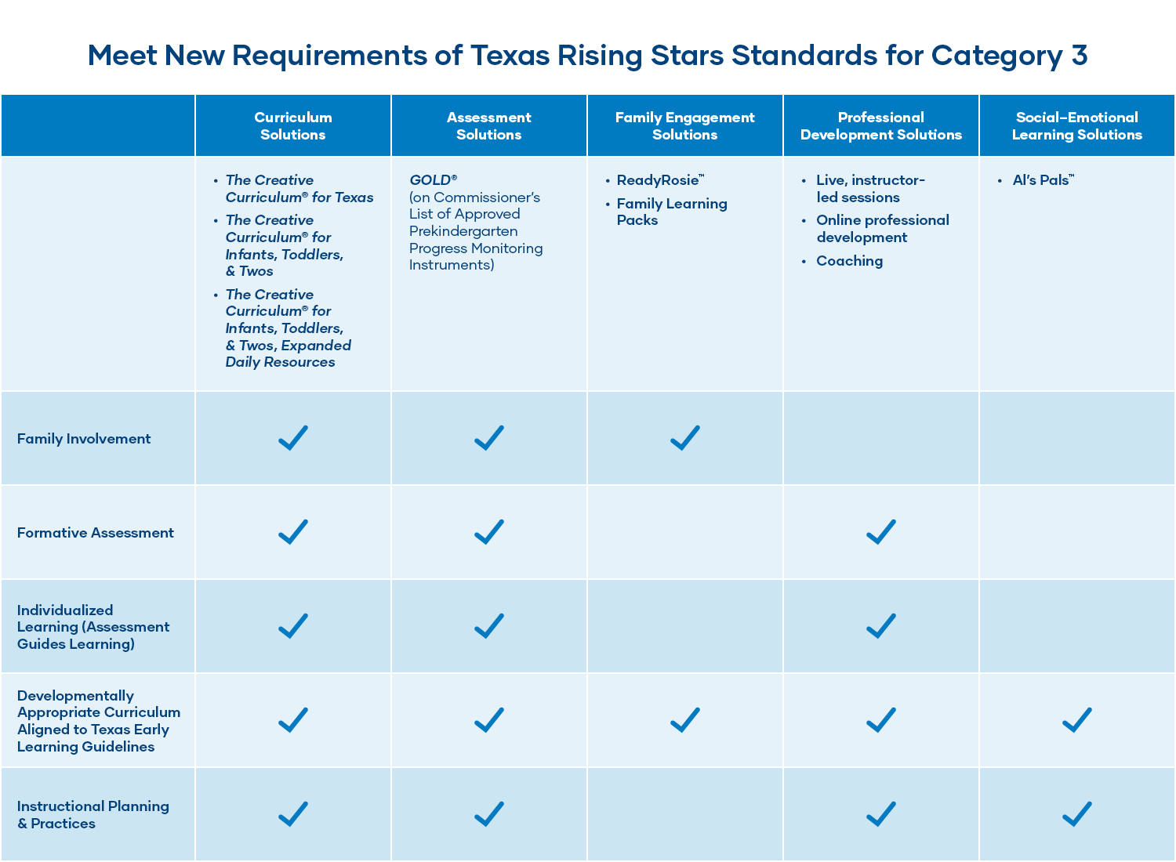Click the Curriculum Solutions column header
292,126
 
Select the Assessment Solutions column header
488,126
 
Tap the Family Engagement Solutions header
684,126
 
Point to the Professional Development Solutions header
880,126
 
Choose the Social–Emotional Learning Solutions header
1076,126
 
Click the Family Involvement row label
84,439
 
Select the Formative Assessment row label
96,533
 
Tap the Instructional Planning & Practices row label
93,815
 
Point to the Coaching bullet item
849,261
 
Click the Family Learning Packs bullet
671,212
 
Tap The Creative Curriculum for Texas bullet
299,189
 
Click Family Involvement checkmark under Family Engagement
685,438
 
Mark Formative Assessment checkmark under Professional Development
881,532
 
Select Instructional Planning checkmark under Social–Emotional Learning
1077,814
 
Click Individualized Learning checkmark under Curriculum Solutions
293,626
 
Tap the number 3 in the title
1079,56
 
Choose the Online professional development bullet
882,229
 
